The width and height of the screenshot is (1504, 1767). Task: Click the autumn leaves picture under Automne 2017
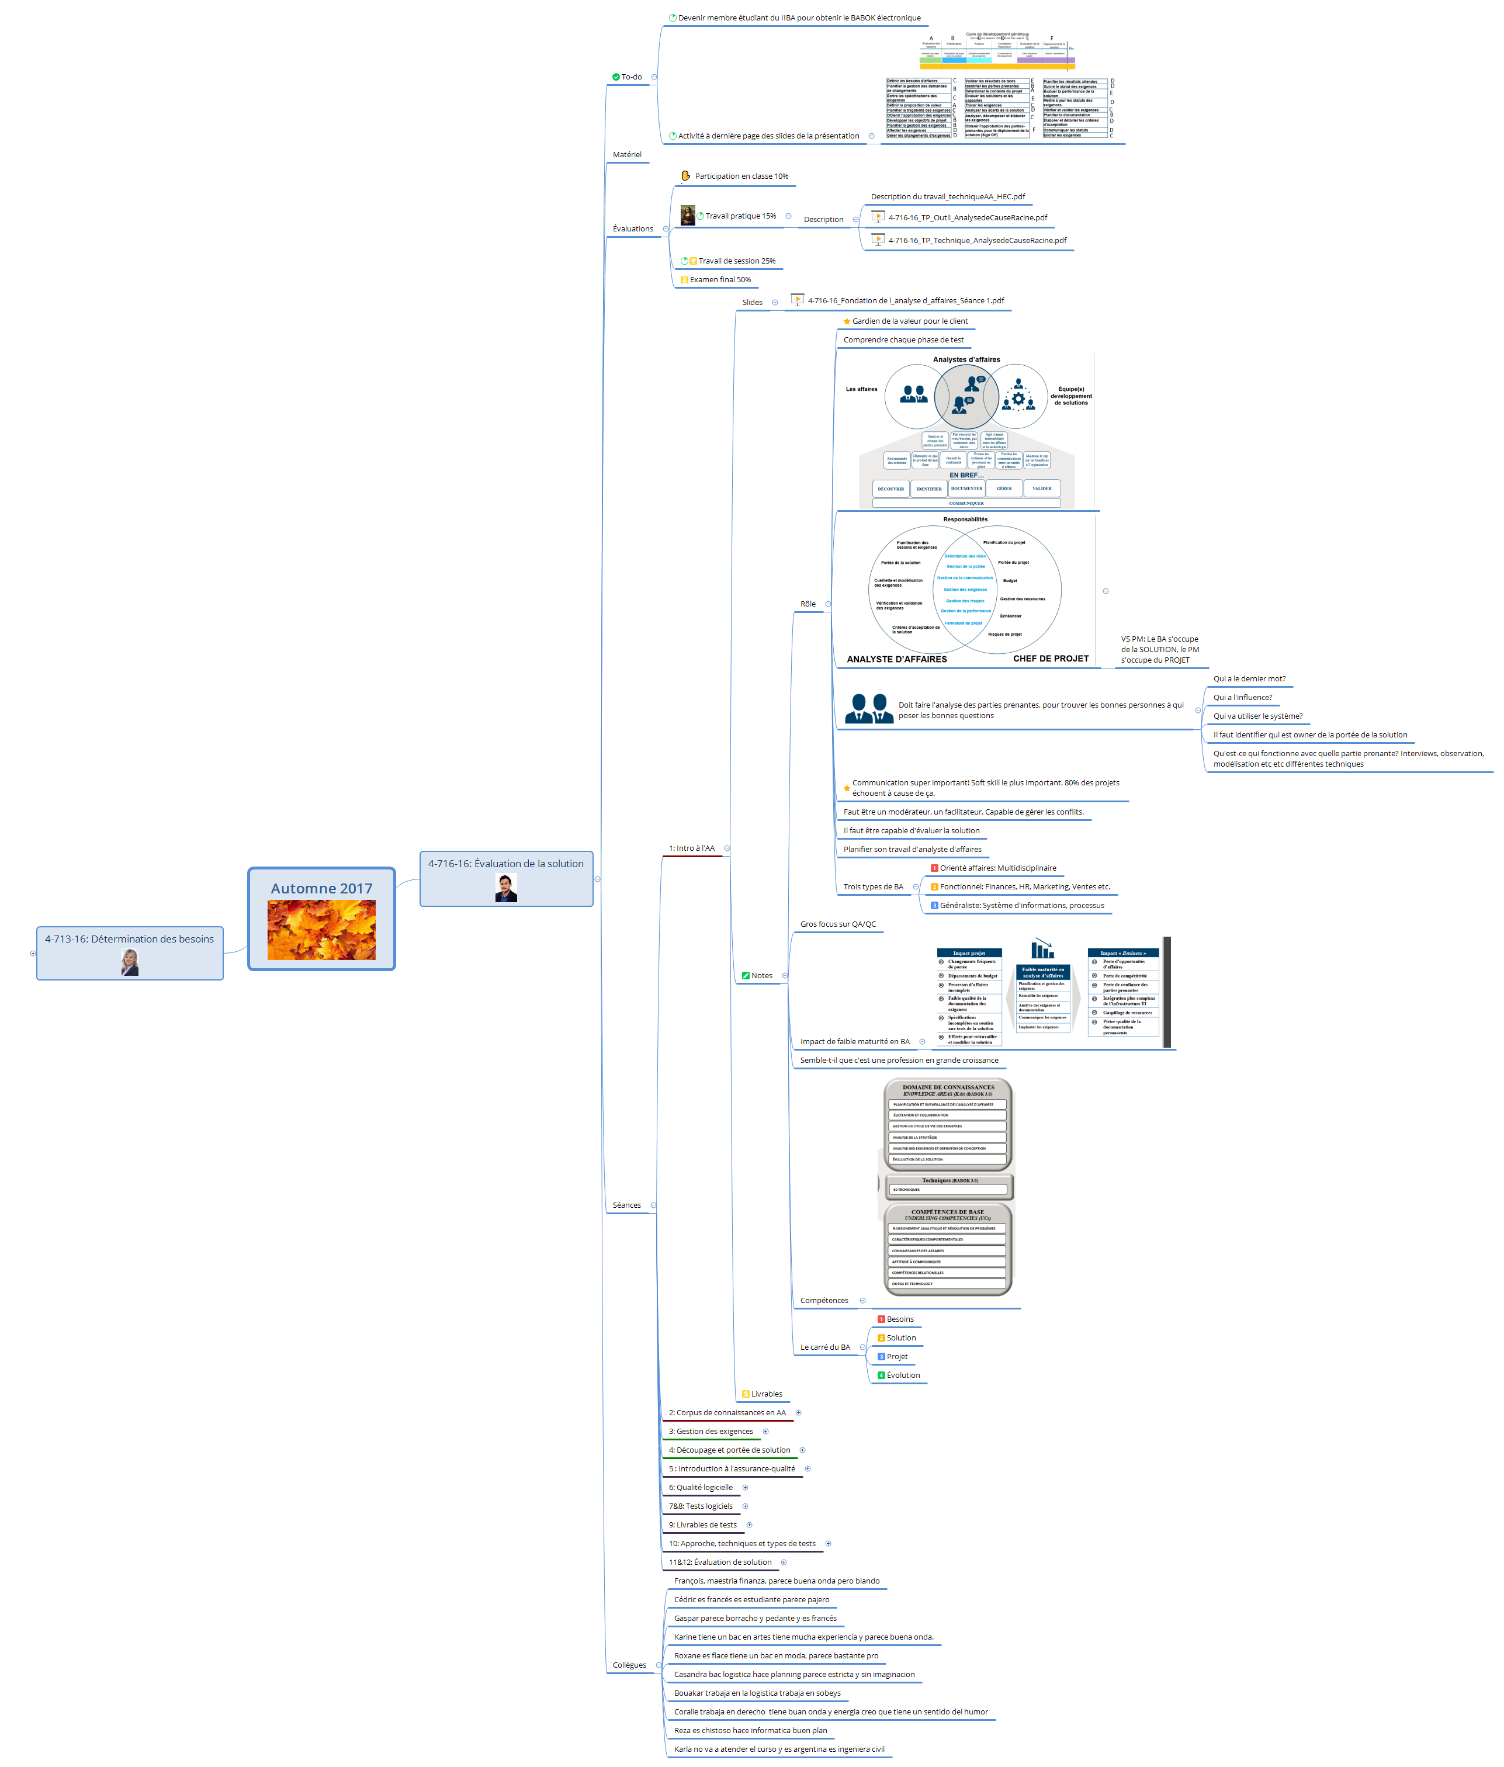(x=321, y=930)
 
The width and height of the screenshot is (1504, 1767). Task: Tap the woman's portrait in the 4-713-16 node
(x=130, y=962)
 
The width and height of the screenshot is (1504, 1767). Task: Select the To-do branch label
(x=631, y=77)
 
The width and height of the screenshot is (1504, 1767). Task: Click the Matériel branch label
(x=626, y=154)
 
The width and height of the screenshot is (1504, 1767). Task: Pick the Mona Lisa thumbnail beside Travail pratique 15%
(x=687, y=215)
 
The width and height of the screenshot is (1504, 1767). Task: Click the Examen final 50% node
(x=720, y=280)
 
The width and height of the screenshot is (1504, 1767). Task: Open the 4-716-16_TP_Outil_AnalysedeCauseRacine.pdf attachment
(x=967, y=217)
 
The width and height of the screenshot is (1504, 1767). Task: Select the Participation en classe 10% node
(x=741, y=176)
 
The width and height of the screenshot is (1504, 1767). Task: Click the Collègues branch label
(x=629, y=1665)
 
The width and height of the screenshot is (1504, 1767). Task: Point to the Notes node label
(x=761, y=976)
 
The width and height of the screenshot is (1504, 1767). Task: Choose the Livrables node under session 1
(x=765, y=1394)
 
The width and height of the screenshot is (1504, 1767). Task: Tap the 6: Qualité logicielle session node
(x=700, y=1487)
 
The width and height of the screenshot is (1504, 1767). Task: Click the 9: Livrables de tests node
(x=702, y=1525)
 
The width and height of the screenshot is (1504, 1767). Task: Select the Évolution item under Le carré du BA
(x=903, y=1376)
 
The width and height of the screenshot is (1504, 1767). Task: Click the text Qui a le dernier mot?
(x=1249, y=679)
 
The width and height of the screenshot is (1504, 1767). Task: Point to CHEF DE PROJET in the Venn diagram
(x=1051, y=659)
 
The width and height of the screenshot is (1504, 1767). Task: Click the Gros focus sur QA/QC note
(x=837, y=924)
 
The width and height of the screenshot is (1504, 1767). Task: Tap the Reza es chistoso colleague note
(x=750, y=1730)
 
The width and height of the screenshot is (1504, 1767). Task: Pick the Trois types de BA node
(x=873, y=887)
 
